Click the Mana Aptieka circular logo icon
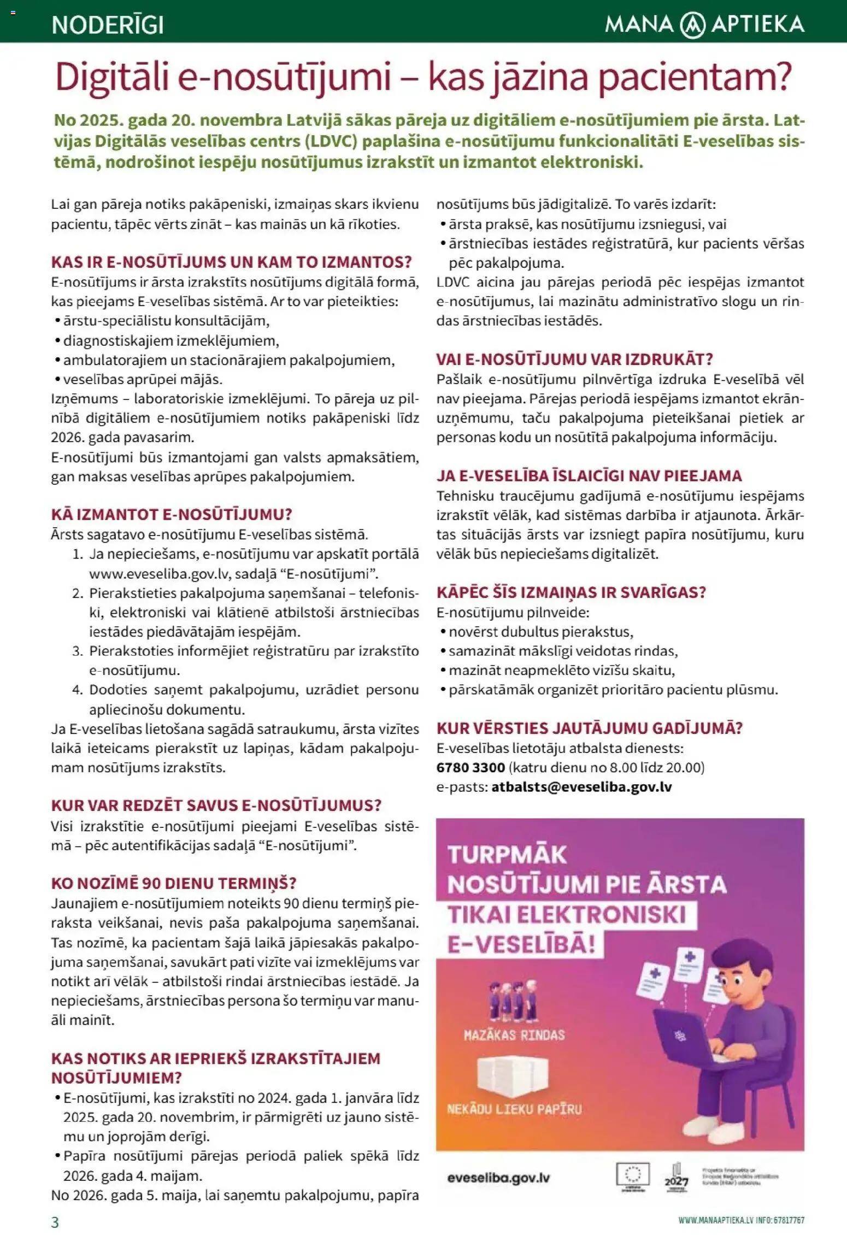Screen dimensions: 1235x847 click(x=692, y=25)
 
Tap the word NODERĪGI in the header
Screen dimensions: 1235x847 click(x=108, y=25)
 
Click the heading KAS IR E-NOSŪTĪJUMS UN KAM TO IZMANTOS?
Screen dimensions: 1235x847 click(x=231, y=262)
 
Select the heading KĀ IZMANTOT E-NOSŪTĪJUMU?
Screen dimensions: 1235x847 click(x=172, y=514)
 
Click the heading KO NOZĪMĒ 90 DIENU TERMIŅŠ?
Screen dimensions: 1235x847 click(x=174, y=884)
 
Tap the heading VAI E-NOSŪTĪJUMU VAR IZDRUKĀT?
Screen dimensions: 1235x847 click(x=575, y=360)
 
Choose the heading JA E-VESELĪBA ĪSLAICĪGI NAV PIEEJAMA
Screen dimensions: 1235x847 click(x=589, y=476)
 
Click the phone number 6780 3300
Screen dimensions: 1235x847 click(x=470, y=767)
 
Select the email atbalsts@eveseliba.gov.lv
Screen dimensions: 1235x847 click(x=581, y=787)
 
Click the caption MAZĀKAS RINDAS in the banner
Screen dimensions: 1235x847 click(x=514, y=1035)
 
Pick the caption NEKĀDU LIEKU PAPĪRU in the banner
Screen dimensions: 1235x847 click(x=514, y=1109)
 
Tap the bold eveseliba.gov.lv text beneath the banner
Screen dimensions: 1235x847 click(x=498, y=1178)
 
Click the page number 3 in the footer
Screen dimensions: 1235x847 click(x=55, y=1222)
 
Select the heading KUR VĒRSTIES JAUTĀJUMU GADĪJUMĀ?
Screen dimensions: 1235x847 click(x=590, y=728)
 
